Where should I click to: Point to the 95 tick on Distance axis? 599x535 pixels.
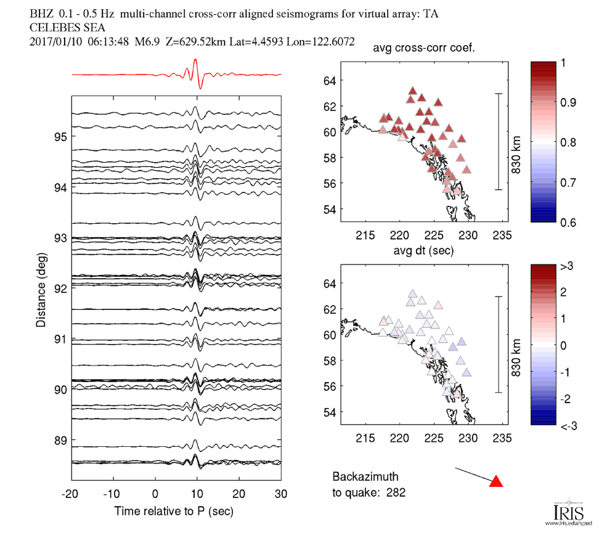click(60, 137)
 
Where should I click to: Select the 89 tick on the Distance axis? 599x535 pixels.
click(60, 441)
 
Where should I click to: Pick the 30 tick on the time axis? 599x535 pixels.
click(281, 494)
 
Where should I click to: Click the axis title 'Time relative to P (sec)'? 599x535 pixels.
click(174, 512)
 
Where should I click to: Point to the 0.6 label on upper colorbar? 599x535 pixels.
click(566, 222)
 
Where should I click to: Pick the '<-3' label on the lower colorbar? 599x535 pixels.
click(568, 425)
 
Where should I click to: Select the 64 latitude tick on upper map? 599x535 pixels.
click(330, 81)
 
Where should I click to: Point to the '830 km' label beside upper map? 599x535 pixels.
click(516, 143)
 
